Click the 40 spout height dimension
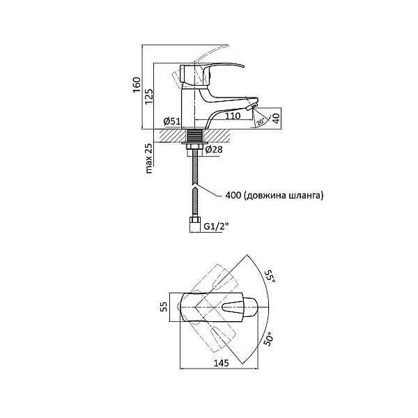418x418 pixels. point(275,118)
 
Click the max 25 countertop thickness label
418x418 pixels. point(148,160)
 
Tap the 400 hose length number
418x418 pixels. point(236,196)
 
